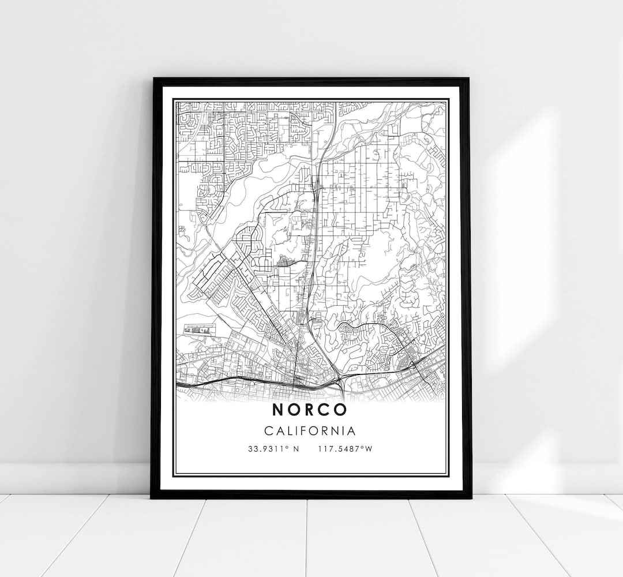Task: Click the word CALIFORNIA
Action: tap(310, 430)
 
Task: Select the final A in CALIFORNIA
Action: tap(352, 430)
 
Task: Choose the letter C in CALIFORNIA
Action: tap(269, 430)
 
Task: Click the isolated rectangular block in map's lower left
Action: tap(198, 329)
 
